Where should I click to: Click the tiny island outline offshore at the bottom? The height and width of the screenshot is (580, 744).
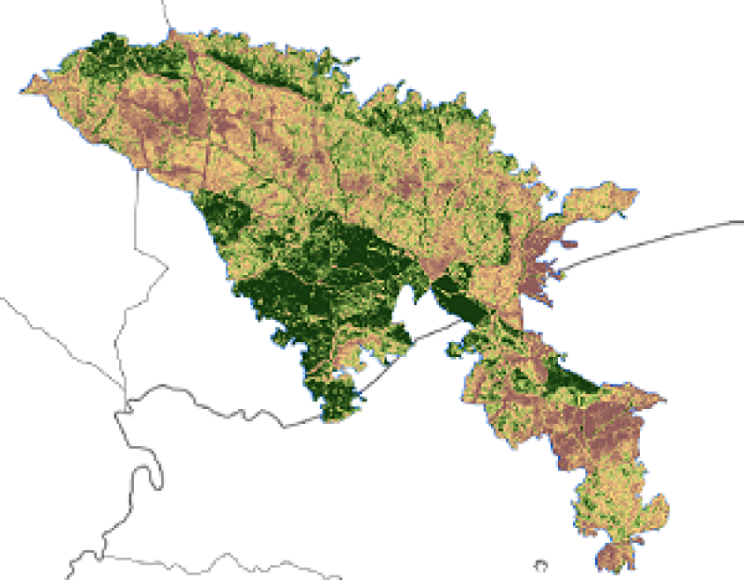pos(539,563)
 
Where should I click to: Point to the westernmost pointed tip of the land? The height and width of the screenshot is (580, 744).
pos(22,90)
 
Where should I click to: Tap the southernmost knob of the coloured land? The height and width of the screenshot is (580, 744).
pos(610,558)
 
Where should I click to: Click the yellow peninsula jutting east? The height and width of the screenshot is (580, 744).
pos(604,201)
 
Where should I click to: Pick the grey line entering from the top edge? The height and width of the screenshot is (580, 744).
pos(166,13)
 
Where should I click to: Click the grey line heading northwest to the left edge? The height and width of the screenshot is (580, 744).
pos(46,325)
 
